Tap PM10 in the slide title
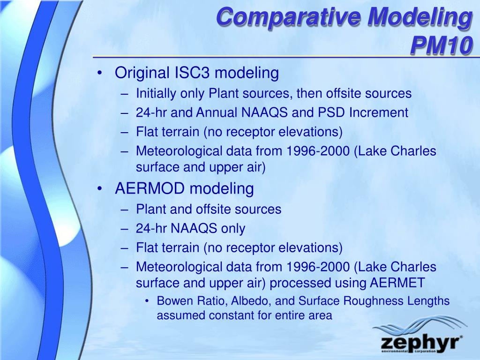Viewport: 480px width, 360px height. point(441,45)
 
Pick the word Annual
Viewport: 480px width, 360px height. point(217,112)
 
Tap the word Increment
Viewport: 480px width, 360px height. point(379,112)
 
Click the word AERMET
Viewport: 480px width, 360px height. point(397,283)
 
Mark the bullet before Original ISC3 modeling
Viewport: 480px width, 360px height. point(99,73)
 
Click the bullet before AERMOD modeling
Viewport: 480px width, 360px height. point(99,189)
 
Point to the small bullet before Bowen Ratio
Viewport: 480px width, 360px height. point(147,301)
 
